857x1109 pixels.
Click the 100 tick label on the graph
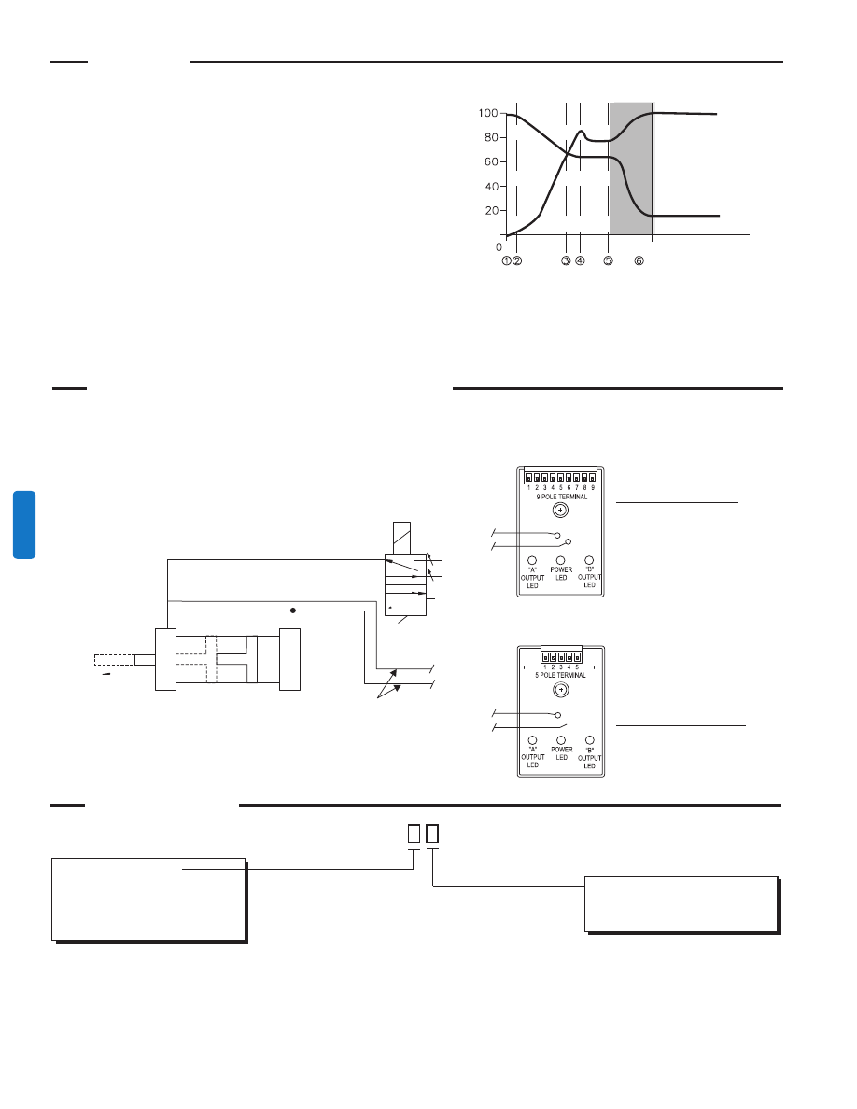pyautogui.click(x=487, y=114)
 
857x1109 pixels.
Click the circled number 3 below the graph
pyautogui.click(x=566, y=261)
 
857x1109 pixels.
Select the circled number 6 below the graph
pyautogui.click(x=639, y=261)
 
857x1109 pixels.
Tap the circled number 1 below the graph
pyautogui.click(x=506, y=261)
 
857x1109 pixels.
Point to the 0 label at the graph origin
pyautogui.click(x=499, y=247)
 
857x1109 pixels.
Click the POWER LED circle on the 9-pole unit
pyautogui.click(x=561, y=560)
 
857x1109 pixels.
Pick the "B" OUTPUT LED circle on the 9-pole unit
pyautogui.click(x=589, y=560)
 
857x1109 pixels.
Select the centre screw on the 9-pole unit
pyautogui.click(x=560, y=512)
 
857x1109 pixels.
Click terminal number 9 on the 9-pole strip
pyautogui.click(x=593, y=479)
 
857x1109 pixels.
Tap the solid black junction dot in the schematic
pyautogui.click(x=293, y=611)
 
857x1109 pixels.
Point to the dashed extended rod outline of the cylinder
pyautogui.click(x=114, y=661)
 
